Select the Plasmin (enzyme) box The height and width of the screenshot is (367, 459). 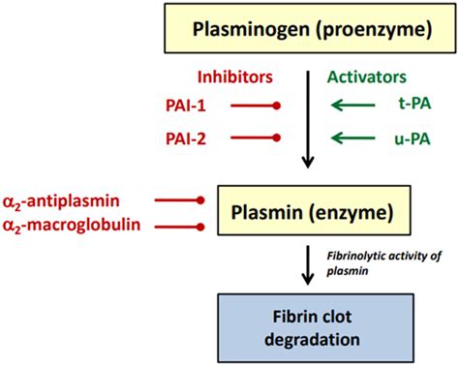(x=308, y=211)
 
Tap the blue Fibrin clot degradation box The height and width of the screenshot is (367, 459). (x=308, y=328)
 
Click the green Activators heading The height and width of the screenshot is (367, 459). (x=367, y=76)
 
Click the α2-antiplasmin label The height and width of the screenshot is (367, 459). (x=75, y=200)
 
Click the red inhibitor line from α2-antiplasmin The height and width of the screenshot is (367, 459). (x=179, y=200)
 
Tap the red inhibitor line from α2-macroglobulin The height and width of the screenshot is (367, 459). (x=179, y=227)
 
